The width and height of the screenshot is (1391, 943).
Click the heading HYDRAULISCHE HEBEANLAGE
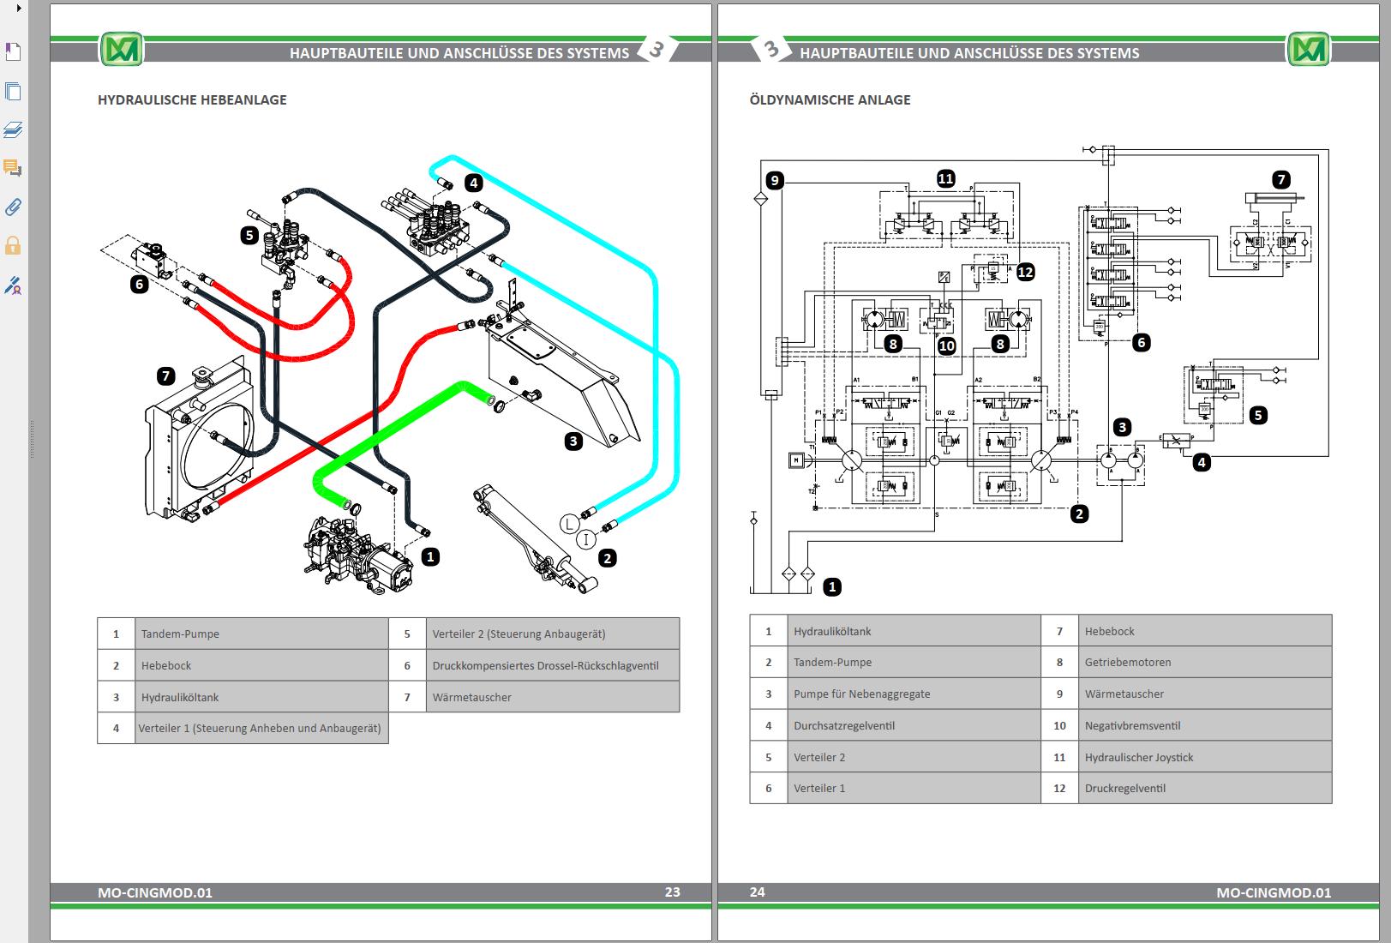point(192,99)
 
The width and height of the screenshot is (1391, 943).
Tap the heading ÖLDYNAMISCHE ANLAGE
point(830,99)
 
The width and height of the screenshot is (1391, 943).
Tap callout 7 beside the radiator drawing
point(166,375)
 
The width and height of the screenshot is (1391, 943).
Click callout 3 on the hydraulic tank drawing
point(573,441)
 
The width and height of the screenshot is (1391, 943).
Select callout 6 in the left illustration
point(139,284)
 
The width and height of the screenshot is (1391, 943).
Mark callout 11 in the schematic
point(945,179)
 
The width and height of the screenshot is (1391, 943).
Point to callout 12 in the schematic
point(1025,273)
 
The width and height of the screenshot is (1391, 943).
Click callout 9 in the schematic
point(775,180)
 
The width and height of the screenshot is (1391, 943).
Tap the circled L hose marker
point(569,523)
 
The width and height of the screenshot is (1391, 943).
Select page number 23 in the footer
point(672,892)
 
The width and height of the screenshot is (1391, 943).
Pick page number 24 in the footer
point(757,892)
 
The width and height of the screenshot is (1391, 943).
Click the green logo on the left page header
point(121,50)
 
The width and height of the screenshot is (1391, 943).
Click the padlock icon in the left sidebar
point(13,246)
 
